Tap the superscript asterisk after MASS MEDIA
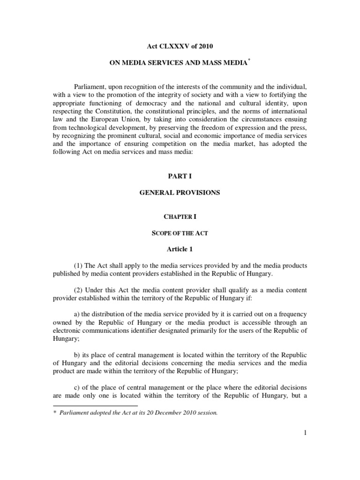249,60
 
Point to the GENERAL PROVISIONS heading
180,193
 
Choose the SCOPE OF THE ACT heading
180,233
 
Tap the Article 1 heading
180,249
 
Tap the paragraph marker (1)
79,266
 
